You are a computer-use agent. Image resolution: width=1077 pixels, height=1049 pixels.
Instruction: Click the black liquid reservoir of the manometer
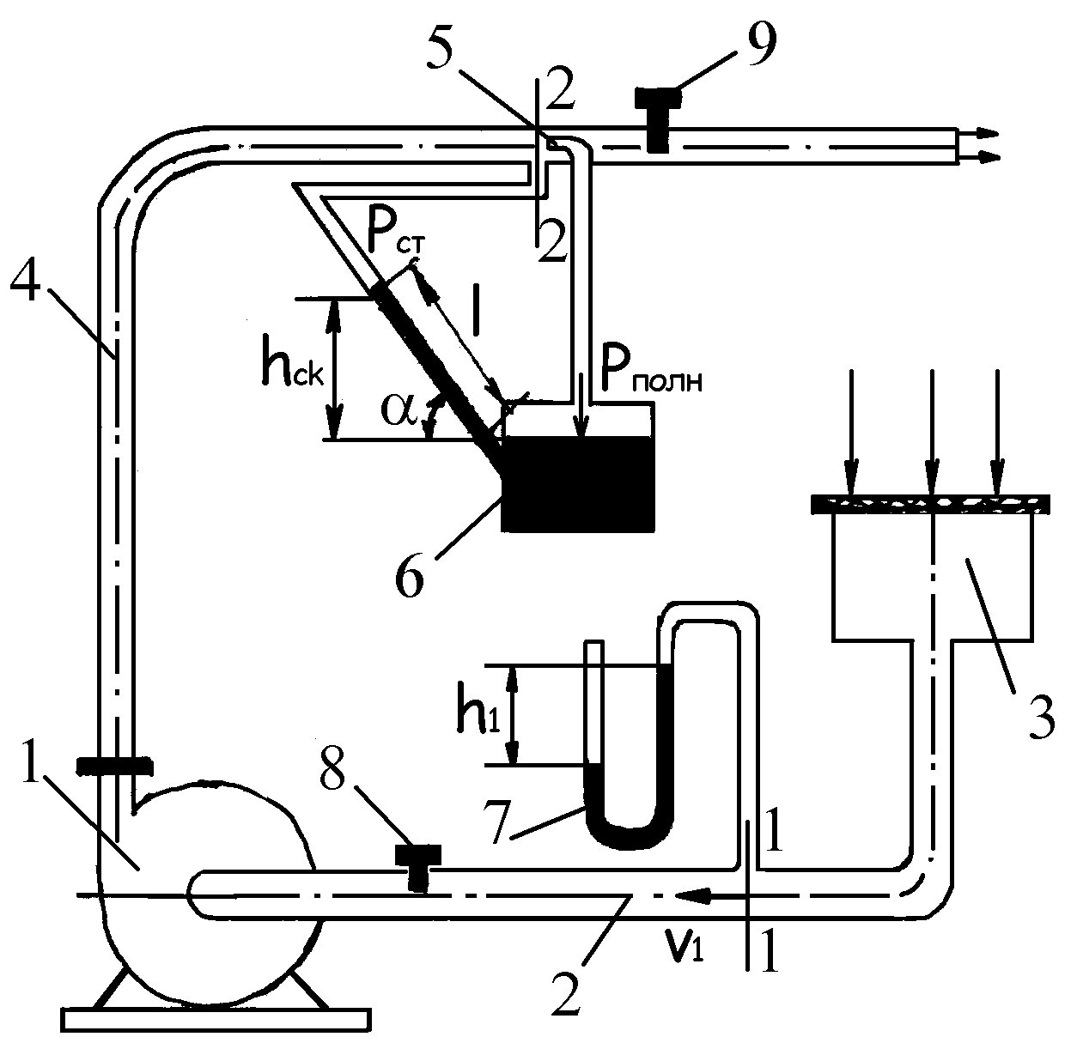click(x=578, y=483)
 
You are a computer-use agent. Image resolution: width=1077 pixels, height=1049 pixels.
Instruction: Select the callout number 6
click(x=410, y=575)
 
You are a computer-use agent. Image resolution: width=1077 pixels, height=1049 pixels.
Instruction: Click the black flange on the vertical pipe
click(x=114, y=766)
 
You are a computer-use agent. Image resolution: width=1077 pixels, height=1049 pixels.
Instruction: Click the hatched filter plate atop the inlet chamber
click(x=931, y=505)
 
